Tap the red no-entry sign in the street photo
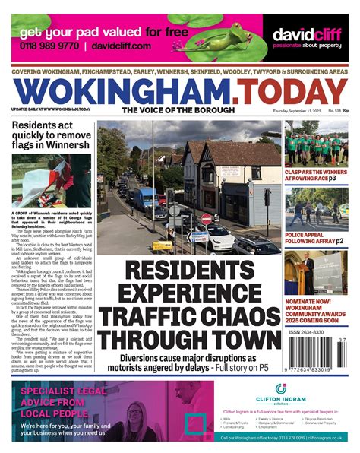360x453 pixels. click(x=206, y=218)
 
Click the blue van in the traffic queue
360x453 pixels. click(x=144, y=198)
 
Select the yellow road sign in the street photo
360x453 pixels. click(x=162, y=246)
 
